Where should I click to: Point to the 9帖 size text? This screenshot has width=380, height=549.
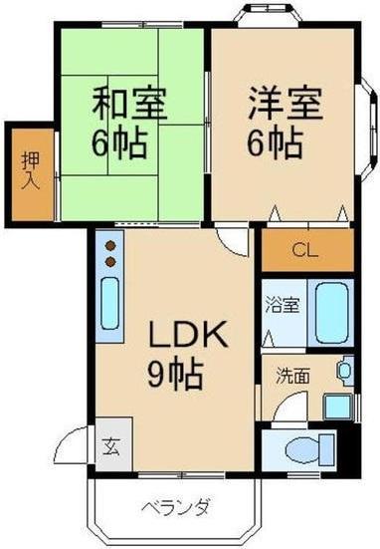point(178,376)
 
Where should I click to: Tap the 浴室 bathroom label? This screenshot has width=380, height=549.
point(282,306)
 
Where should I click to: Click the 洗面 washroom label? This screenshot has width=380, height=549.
point(292,377)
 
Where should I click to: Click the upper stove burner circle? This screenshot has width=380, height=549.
point(110,244)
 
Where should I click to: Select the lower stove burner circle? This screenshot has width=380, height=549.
point(110,261)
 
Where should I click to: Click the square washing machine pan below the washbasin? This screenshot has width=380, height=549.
point(337,406)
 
